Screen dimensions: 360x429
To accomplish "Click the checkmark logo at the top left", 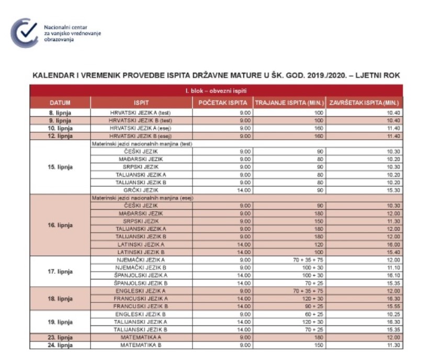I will pyautogui.click(x=24, y=32).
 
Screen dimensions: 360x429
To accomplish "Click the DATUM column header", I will pyautogui.click(x=60, y=103).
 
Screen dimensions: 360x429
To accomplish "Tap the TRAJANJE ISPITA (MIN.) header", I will pyautogui.click(x=289, y=103).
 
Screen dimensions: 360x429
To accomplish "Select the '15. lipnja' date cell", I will pyautogui.click(x=60, y=167).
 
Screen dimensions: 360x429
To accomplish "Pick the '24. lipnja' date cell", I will pyautogui.click(x=60, y=345).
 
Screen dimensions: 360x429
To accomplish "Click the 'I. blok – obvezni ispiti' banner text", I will pyautogui.click(x=216, y=91).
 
